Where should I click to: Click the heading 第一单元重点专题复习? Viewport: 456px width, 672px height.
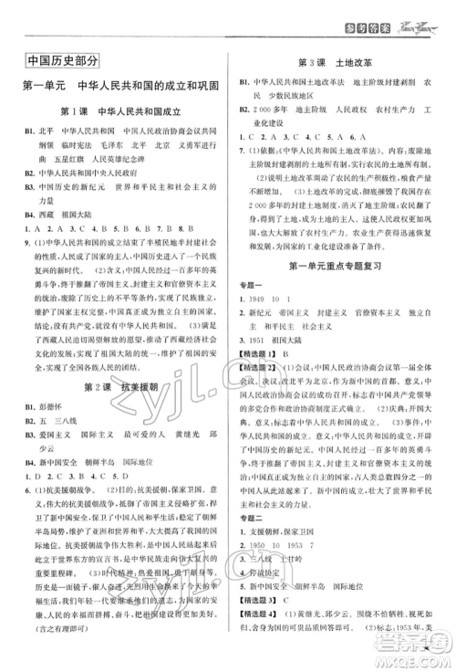tap(339, 290)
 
